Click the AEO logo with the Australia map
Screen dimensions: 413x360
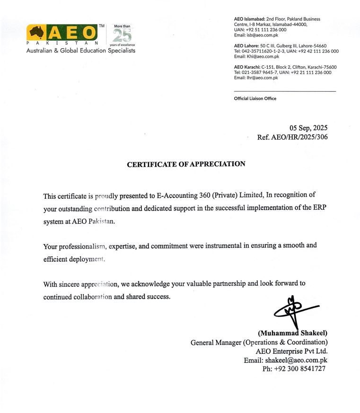62,33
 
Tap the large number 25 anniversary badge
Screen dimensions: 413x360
121,35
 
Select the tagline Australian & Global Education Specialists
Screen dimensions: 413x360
80,51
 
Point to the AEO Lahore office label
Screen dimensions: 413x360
246,46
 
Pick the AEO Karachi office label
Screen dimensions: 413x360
247,67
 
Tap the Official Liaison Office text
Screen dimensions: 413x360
255,98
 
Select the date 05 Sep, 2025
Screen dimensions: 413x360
308,128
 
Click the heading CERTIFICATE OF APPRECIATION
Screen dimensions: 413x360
186,164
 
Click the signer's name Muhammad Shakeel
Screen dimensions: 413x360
293,333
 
